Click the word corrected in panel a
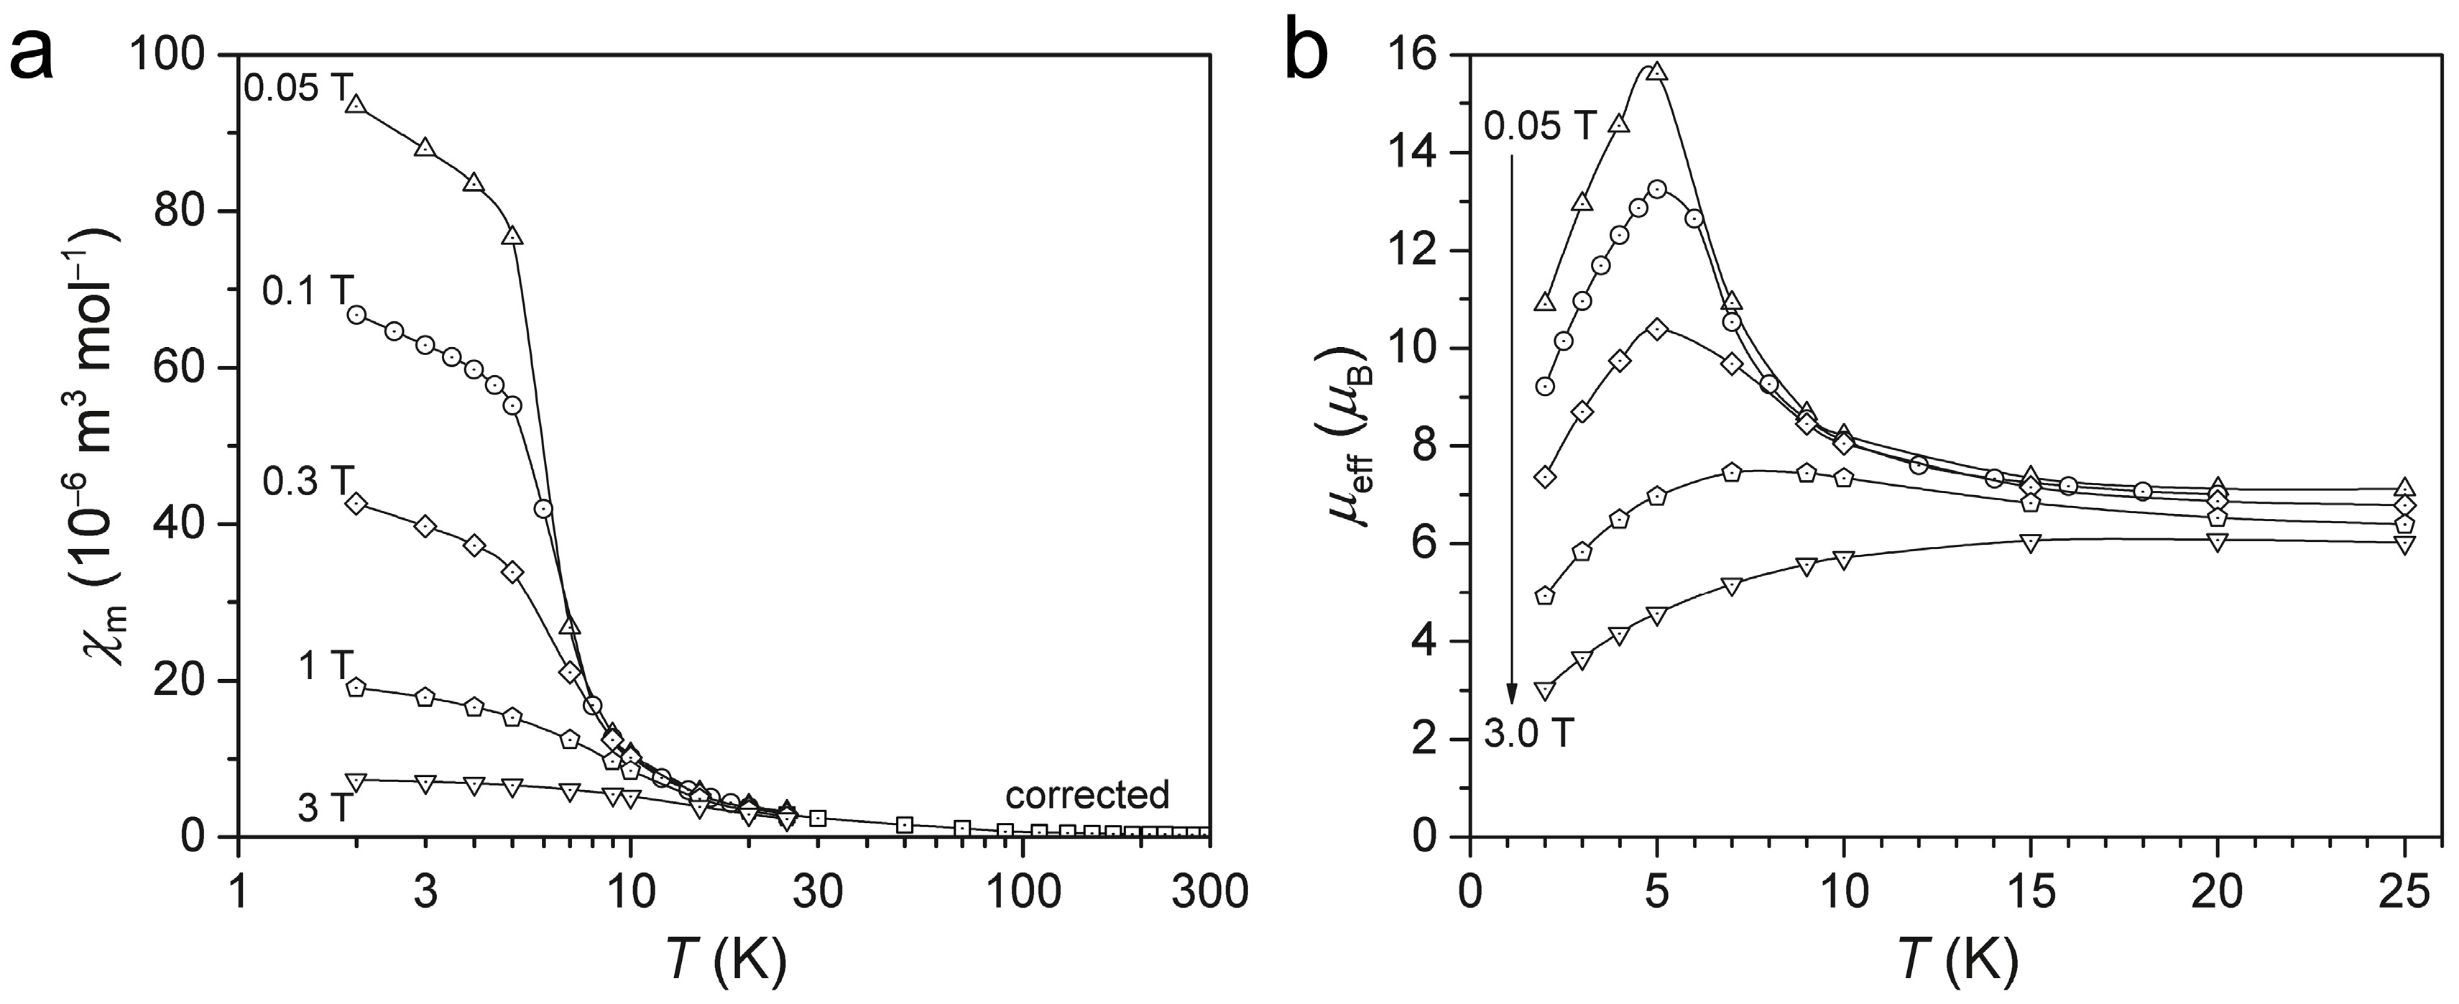click(x=1087, y=794)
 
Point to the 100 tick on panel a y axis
click(x=180, y=56)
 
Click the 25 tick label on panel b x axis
click(x=2403, y=895)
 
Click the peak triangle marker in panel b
click(x=1657, y=73)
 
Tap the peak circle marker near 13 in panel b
click(x=1657, y=189)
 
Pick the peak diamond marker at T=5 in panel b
click(x=1657, y=329)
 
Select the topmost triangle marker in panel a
click(x=356, y=105)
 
